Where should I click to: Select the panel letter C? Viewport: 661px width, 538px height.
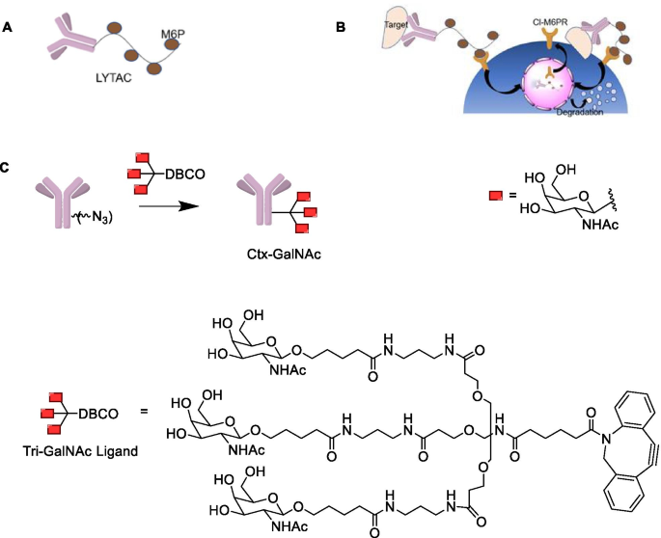coord(8,167)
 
